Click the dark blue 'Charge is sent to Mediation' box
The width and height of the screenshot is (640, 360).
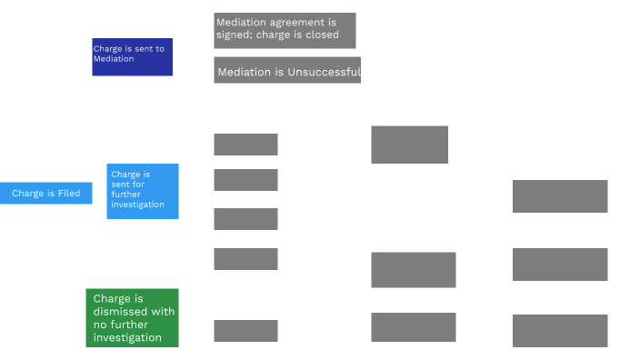[132, 57]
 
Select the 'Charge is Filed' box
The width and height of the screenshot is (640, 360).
[46, 193]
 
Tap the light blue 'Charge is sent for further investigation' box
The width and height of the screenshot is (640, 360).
[143, 192]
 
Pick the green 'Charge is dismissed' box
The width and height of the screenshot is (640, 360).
[132, 318]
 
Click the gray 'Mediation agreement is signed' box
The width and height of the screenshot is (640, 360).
[285, 31]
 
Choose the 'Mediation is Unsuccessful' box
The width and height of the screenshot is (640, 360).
[287, 70]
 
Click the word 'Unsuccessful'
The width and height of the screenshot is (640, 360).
[324, 72]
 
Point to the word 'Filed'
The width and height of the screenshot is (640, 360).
[69, 193]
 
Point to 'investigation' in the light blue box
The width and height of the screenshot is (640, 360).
[137, 205]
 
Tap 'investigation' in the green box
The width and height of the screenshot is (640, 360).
[127, 338]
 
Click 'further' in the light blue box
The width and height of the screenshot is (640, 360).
[125, 195]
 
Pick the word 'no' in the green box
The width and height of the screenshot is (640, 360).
[99, 325]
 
